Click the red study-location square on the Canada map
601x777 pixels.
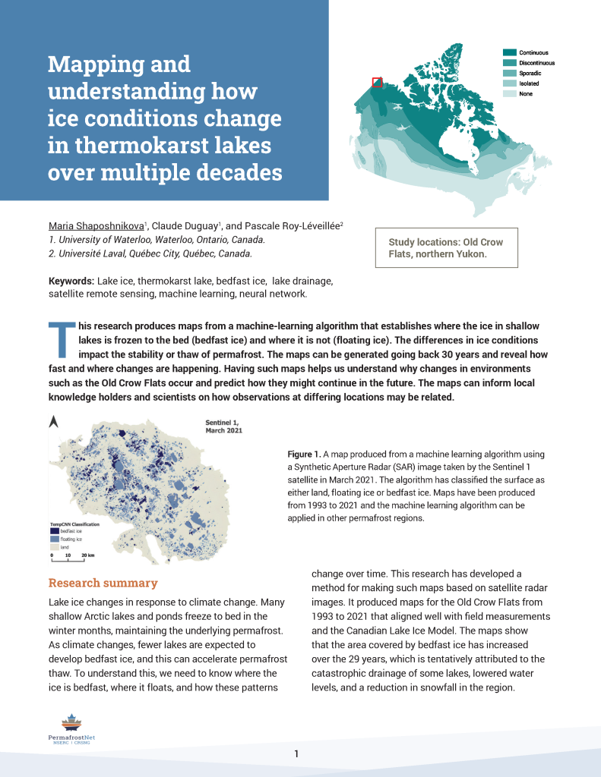(x=377, y=83)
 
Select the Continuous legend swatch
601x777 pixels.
(x=510, y=53)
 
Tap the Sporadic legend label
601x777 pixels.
(x=530, y=73)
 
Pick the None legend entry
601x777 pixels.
(x=526, y=94)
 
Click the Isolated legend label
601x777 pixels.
(x=530, y=83)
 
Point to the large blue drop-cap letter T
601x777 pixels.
(x=62, y=340)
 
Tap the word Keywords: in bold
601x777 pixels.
(x=71, y=281)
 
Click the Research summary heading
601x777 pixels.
(x=103, y=583)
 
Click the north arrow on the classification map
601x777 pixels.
(x=54, y=423)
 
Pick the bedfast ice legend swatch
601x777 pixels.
(x=54, y=532)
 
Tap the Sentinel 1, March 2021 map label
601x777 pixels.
(x=225, y=425)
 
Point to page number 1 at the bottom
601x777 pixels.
(x=297, y=753)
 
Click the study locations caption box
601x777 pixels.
(x=447, y=247)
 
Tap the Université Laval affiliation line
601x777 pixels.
(x=150, y=253)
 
